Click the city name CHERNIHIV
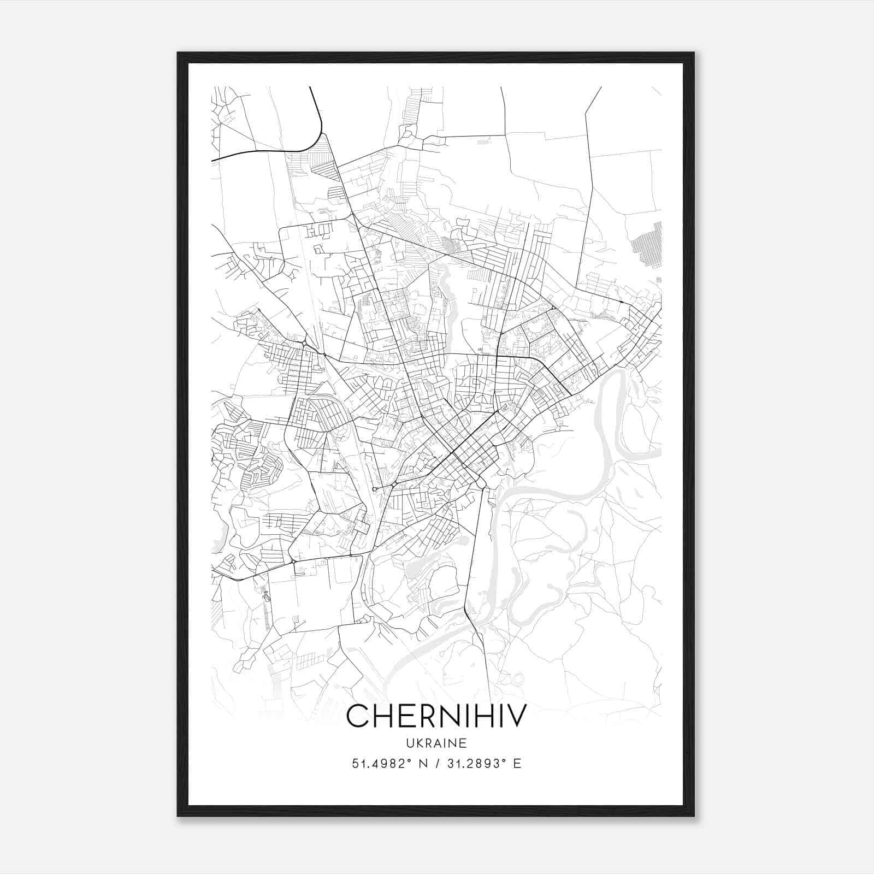[437, 716]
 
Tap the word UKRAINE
[436, 743]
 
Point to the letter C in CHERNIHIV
[357, 716]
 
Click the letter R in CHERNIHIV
[424, 716]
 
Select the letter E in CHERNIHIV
[405, 716]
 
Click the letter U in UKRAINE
[410, 743]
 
